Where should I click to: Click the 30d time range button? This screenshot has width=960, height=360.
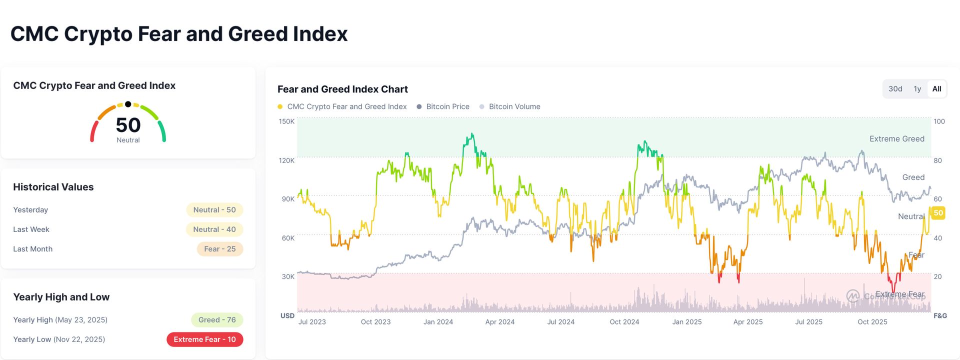pos(895,89)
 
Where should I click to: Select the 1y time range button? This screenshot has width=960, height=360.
pos(917,89)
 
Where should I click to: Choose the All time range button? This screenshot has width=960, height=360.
pos(936,89)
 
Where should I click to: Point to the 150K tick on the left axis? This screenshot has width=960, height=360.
pos(286,121)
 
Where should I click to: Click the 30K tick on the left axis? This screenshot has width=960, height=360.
pos(288,276)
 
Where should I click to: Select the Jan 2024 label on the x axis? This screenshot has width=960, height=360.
pos(438,322)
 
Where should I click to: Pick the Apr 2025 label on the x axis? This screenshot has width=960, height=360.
pos(747,322)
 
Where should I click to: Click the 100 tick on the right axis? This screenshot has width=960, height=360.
pos(939,121)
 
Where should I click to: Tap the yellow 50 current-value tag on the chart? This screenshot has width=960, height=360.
pos(938,213)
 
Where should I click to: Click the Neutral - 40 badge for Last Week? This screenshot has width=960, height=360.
pos(214,229)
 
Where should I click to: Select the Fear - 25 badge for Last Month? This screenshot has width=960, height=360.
pos(220,249)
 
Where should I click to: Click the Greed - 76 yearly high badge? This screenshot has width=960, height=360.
pos(217,320)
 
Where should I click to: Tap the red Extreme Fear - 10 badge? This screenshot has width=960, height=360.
pos(204,339)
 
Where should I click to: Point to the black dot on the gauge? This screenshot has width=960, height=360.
pos(128,104)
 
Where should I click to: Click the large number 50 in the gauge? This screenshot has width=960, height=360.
pos(128,125)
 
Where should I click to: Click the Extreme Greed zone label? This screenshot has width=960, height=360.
pos(896,139)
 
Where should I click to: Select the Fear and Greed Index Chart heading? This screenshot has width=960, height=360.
pos(342,89)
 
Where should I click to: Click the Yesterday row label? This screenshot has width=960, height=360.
pos(30,210)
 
